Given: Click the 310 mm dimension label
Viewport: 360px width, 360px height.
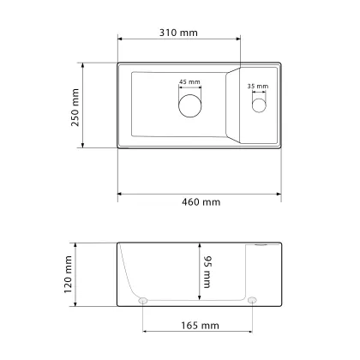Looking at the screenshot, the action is click(178, 33).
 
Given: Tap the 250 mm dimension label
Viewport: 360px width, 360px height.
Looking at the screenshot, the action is click(75, 107).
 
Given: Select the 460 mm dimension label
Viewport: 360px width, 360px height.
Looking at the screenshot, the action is click(201, 202).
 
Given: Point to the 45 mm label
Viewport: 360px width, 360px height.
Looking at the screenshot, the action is click(189, 82).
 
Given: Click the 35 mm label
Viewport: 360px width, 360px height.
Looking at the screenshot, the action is click(258, 87).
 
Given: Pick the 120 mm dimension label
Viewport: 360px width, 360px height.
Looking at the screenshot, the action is click(68, 274).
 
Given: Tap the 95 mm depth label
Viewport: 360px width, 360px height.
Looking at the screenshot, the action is click(207, 272).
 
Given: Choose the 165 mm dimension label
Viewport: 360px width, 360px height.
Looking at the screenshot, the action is click(200, 326).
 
